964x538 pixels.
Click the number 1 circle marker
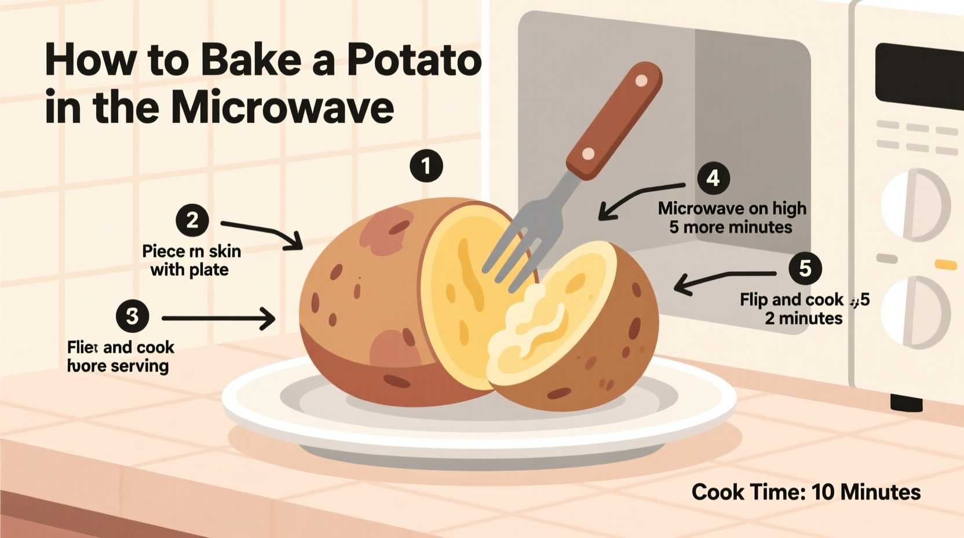tap(426, 166)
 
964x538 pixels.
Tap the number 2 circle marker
tap(192, 220)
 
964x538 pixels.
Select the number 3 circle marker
tap(132, 317)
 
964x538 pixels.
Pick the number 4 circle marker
tap(713, 178)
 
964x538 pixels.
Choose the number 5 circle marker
tap(805, 268)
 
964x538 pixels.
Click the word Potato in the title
tap(414, 60)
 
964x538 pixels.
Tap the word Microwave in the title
tap(282, 107)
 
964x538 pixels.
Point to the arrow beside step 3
tap(218, 318)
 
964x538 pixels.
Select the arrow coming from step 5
tap(724, 278)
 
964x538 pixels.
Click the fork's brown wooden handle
tap(615, 119)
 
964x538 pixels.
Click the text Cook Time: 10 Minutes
tap(806, 492)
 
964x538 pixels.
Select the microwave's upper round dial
tap(915, 205)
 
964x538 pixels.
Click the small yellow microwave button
tap(945, 264)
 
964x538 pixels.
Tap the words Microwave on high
tap(732, 208)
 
